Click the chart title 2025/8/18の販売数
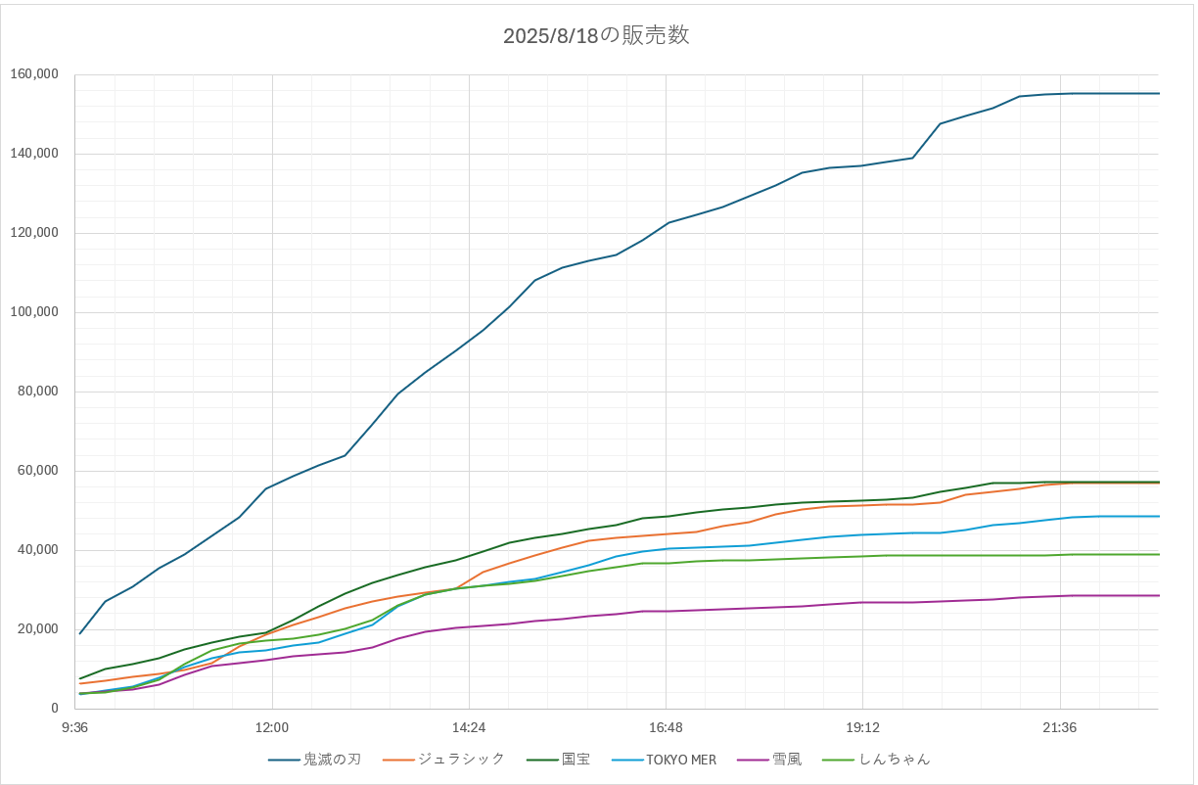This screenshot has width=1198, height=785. [596, 36]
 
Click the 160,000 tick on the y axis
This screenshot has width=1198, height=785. [35, 74]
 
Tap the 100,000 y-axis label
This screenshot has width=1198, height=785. [35, 312]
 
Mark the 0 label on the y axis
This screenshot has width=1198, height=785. [55, 709]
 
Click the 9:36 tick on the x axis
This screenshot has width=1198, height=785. [75, 727]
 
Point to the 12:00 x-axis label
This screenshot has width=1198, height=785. [272, 727]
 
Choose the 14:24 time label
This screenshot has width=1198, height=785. [469, 727]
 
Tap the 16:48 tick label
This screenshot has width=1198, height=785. [666, 727]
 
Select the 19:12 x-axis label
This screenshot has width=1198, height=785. [862, 727]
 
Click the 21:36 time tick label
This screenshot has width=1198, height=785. [1060, 727]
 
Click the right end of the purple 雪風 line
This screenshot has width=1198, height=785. [1159, 595]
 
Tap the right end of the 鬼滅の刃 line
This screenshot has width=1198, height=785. [1159, 93]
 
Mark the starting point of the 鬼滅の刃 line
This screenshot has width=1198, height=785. [80, 633]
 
